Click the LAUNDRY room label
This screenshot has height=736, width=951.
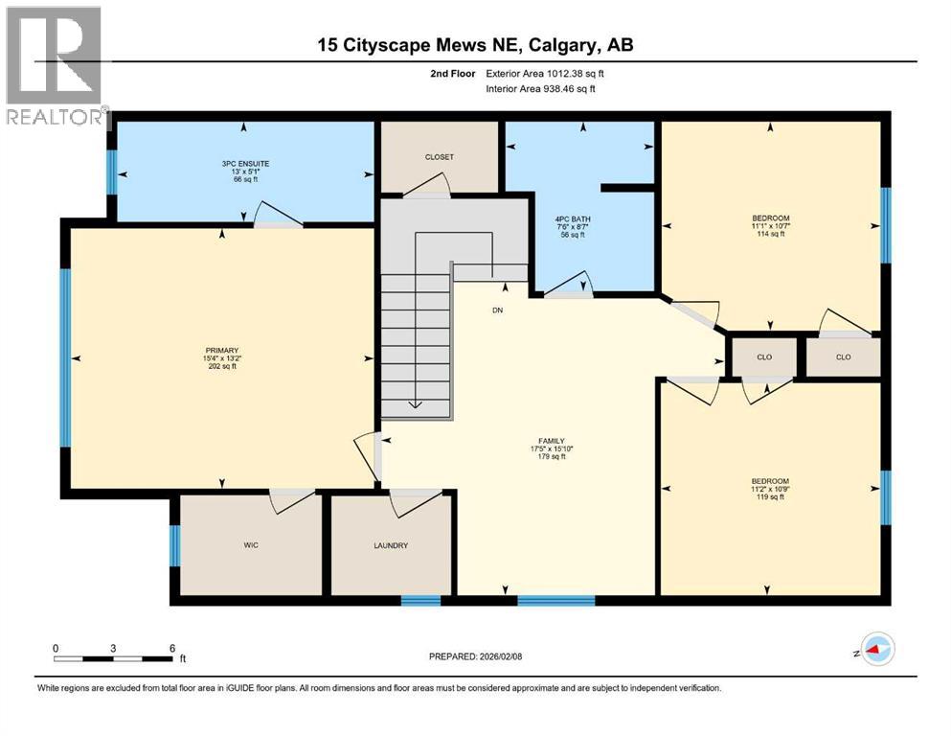[391, 545]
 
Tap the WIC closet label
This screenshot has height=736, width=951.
[251, 545]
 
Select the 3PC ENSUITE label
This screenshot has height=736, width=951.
[245, 164]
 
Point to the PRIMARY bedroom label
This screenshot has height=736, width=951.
[222, 351]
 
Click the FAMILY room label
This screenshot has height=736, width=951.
[552, 441]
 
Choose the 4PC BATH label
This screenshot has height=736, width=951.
[573, 219]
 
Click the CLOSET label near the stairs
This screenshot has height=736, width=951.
[440, 157]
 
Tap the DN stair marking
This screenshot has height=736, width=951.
[497, 310]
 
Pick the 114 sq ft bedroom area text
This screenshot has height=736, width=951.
[771, 234]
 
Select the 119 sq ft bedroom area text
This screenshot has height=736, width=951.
[770, 497]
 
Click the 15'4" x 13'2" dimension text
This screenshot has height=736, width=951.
[222, 358]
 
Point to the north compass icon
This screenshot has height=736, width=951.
[877, 649]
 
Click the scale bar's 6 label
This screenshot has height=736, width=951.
[172, 648]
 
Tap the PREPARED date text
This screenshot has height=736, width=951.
[475, 656]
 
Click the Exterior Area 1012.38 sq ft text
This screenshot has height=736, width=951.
[545, 74]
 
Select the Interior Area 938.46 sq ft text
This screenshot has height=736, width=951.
[540, 89]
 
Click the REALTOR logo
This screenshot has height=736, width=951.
[55, 65]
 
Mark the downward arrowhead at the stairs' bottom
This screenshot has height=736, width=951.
[416, 404]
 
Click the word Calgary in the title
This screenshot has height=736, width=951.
[563, 45]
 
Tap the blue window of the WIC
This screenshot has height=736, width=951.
[174, 545]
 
